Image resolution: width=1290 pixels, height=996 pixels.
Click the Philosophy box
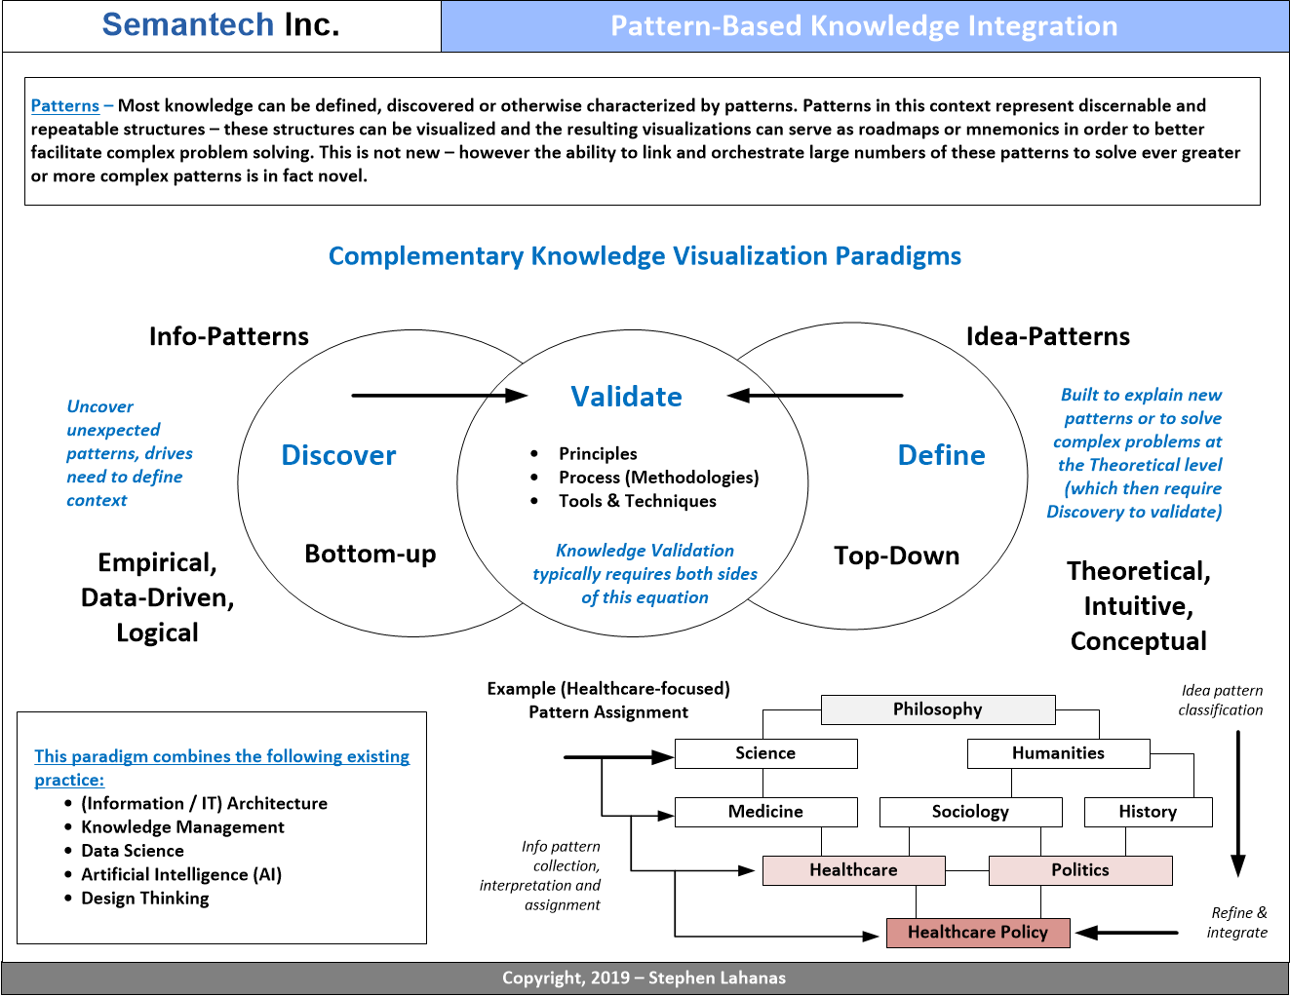(x=937, y=709)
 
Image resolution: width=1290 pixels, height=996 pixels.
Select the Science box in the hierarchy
(x=765, y=753)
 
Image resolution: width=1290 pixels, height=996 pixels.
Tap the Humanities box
(x=1058, y=753)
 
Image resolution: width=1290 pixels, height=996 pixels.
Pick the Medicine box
(x=765, y=812)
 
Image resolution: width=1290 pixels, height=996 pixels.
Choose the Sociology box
(x=970, y=812)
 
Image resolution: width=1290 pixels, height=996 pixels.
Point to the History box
(x=1148, y=812)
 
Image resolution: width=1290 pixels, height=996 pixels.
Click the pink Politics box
(x=1079, y=870)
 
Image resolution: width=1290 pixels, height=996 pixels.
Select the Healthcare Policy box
(x=977, y=933)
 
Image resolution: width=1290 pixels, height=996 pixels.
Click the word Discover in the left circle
(x=338, y=455)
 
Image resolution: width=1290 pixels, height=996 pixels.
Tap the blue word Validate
(x=626, y=397)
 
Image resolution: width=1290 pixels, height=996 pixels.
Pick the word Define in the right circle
(x=941, y=455)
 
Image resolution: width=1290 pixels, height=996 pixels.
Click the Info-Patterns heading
(x=228, y=336)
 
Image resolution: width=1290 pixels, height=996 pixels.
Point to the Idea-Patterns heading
(x=1047, y=336)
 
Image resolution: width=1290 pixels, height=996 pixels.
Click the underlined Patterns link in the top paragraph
(x=64, y=105)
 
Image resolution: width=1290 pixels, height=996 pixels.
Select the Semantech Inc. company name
(x=220, y=24)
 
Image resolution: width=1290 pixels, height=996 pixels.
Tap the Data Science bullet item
(x=133, y=851)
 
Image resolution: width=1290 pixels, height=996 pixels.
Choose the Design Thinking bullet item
(x=145, y=898)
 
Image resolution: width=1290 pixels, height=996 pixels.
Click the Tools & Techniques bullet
(x=637, y=501)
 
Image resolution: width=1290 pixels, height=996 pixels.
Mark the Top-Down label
(x=896, y=555)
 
